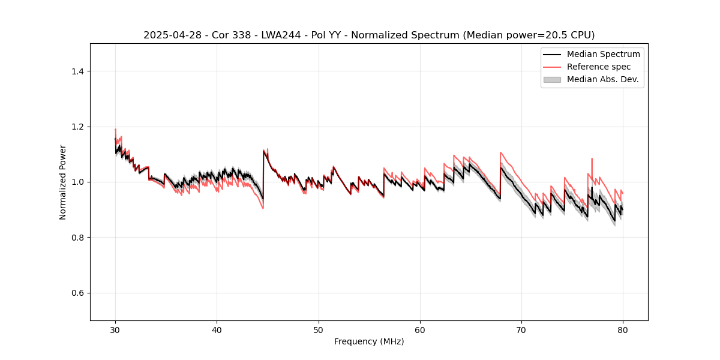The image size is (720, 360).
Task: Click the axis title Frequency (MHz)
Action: [369, 341]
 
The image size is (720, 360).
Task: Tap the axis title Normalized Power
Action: [63, 182]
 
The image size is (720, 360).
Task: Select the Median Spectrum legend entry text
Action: [603, 54]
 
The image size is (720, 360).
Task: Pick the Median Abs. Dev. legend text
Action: [602, 79]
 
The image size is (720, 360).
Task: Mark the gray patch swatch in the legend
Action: [552, 79]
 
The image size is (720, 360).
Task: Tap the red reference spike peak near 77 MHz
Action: [592, 159]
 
